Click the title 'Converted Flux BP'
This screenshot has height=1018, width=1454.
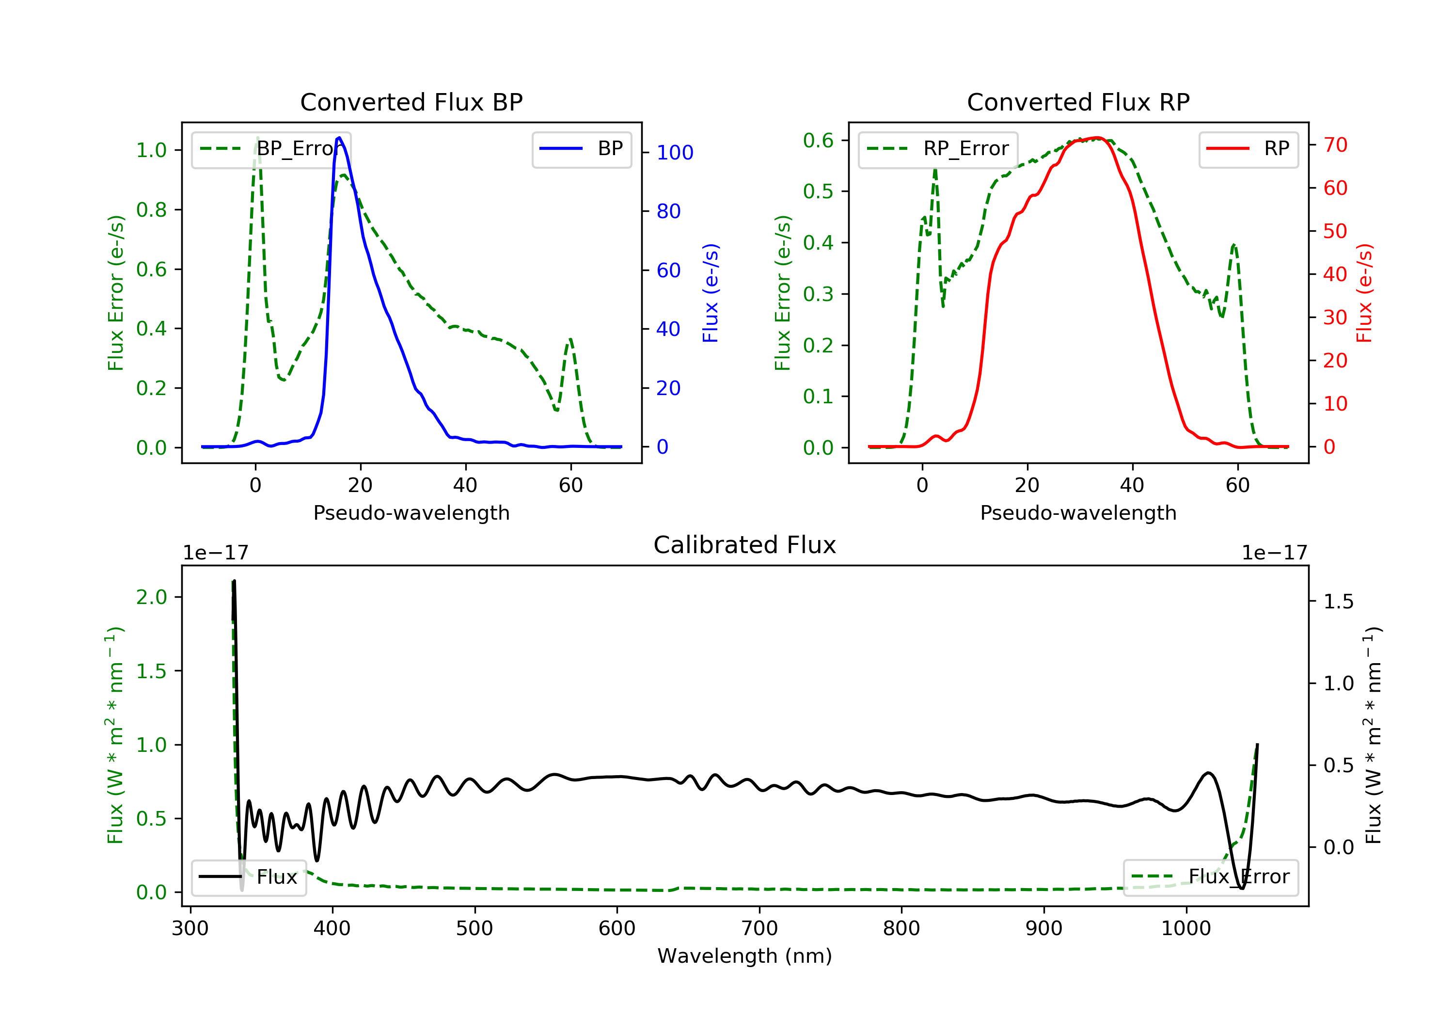(411, 102)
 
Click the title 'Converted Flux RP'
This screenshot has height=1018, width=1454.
(1078, 102)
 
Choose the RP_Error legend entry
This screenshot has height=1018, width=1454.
(938, 149)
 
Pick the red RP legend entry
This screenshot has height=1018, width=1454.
(1248, 149)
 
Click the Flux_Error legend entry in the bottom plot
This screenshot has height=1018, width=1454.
(1210, 877)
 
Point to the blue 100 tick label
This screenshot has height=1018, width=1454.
(675, 153)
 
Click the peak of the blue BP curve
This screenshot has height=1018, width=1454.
(339, 138)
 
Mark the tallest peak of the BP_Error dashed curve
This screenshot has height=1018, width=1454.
(257, 139)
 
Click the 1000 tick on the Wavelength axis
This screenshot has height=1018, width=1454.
(1185, 929)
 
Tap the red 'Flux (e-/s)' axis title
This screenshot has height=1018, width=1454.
(1363, 293)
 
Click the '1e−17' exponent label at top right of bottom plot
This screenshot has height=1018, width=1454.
(1274, 553)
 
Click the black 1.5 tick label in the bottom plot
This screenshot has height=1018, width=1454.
(1338, 602)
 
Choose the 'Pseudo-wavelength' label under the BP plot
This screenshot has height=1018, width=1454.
(411, 512)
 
